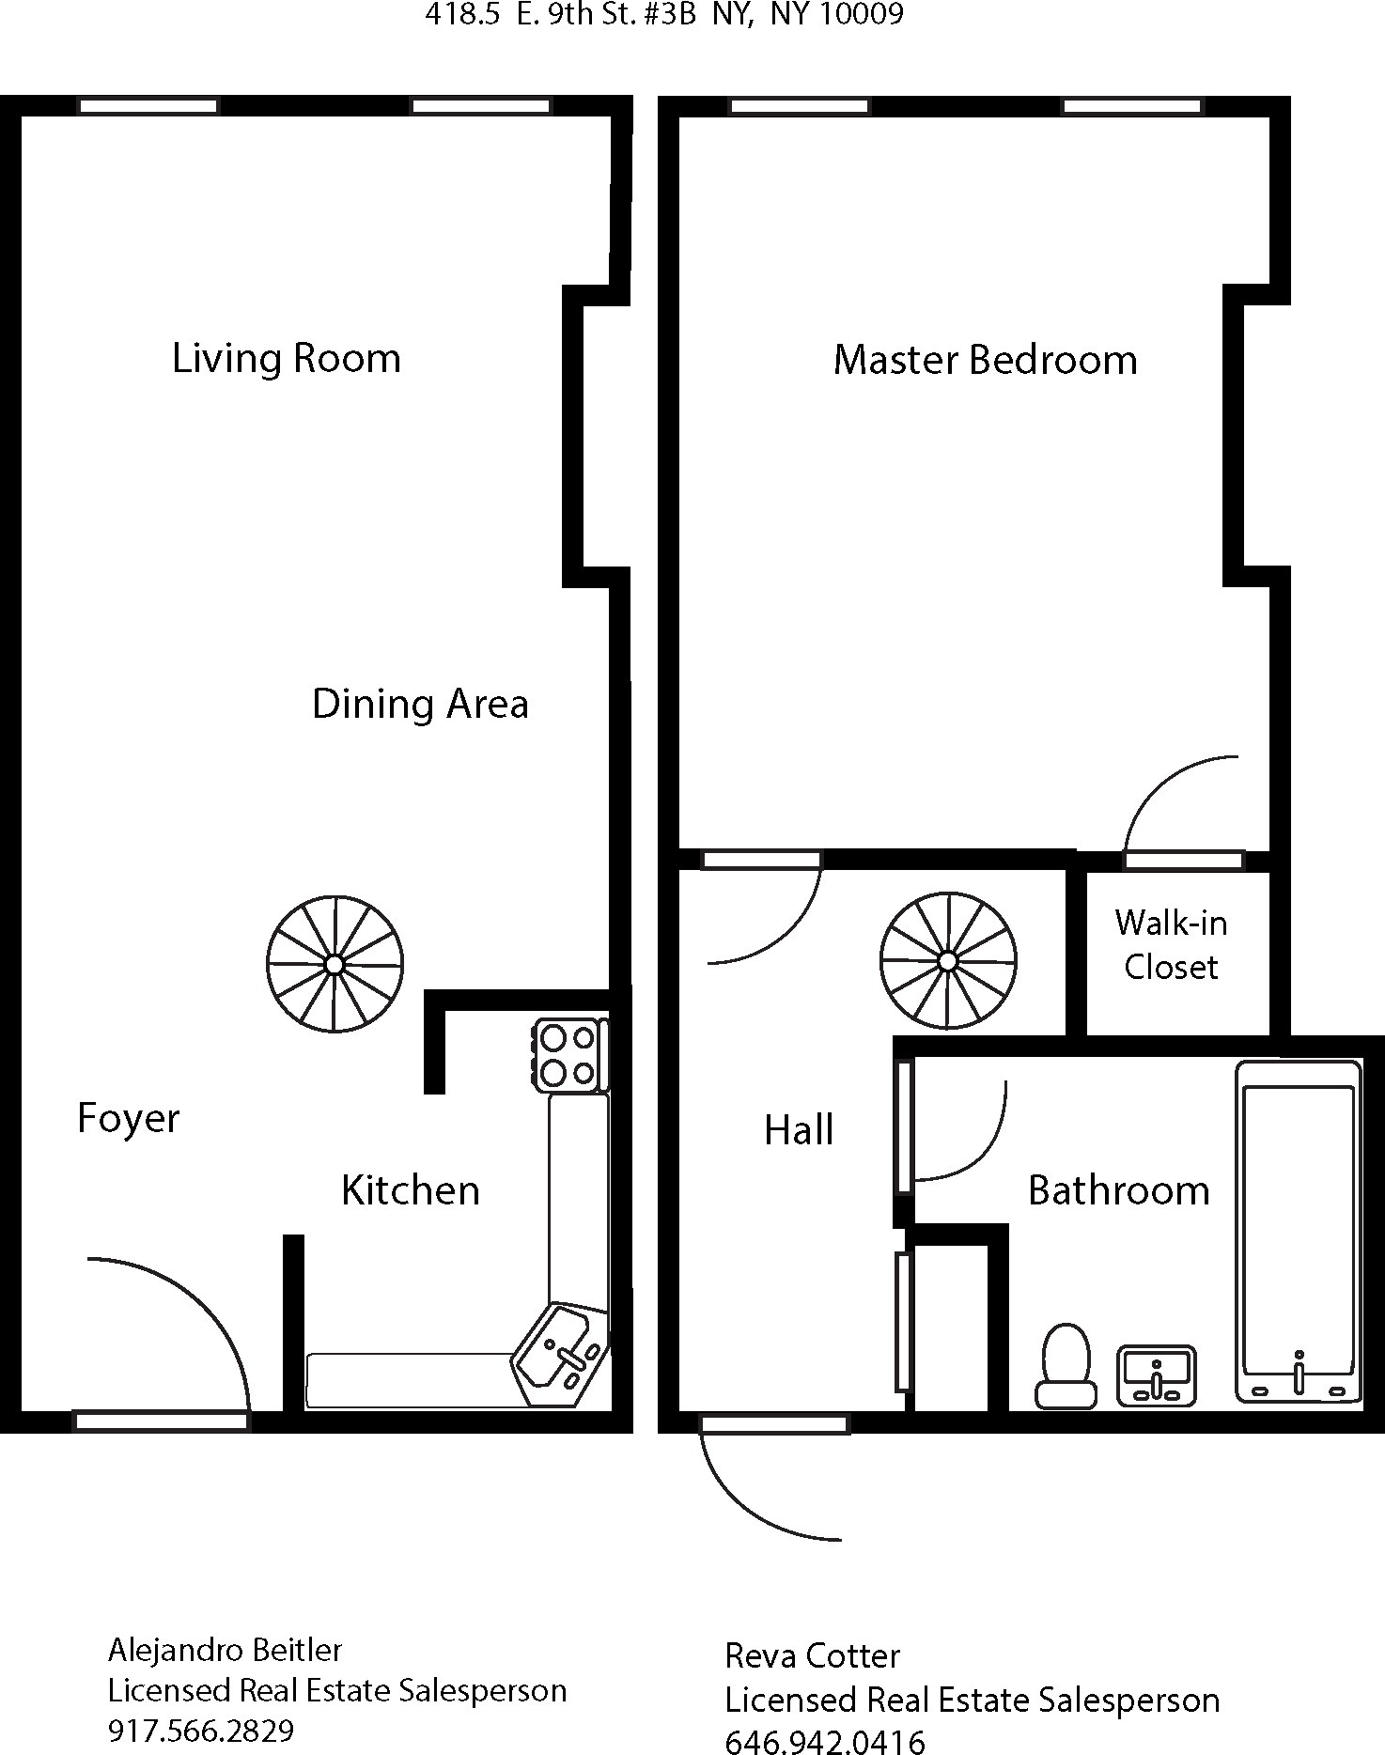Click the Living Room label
[x=287, y=359]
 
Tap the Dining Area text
[x=420, y=705]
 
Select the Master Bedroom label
[x=985, y=361]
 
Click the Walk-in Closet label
[x=1171, y=945]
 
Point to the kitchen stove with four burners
[x=569, y=1055]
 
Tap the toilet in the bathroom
[x=1066, y=1366]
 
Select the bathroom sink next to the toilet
[x=1156, y=1376]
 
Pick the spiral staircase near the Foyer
[x=335, y=964]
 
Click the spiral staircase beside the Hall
[x=948, y=960]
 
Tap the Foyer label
[x=128, y=1118]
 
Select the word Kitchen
[x=411, y=1190]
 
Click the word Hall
[x=799, y=1130]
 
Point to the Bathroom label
[x=1118, y=1190]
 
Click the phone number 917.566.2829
[x=201, y=1730]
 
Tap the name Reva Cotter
[x=812, y=1655]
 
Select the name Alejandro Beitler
[x=226, y=1650]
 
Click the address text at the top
[x=664, y=14]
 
